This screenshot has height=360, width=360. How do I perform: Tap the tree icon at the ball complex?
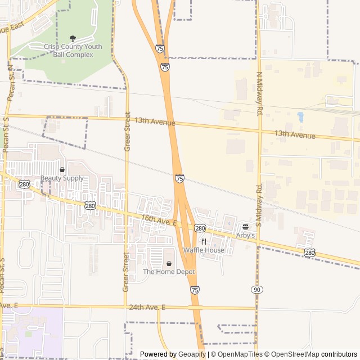73,38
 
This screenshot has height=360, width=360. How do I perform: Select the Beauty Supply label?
62,178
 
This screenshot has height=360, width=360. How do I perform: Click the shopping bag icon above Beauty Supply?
62,169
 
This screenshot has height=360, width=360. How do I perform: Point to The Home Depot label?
169,272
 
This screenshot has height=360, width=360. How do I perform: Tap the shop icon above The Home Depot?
169,263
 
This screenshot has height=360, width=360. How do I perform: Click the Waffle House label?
204,250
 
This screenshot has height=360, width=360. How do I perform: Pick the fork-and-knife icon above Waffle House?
204,241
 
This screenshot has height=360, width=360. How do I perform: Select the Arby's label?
246,236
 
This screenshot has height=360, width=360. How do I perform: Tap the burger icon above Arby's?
245,227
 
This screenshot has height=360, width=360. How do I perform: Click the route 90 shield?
256,289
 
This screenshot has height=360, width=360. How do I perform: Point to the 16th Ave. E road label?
159,220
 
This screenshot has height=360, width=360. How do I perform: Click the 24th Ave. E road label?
147,307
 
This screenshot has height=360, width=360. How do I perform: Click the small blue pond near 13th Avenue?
300,117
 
